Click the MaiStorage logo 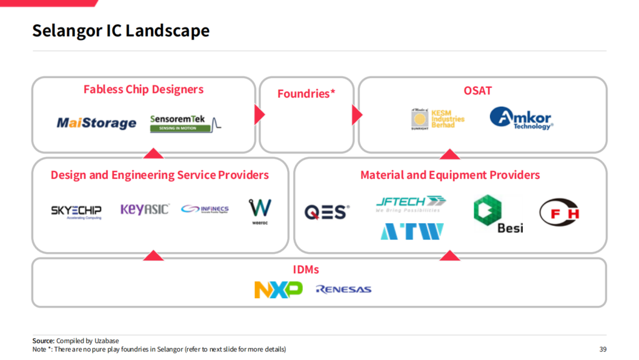(96, 123)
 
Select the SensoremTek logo (185, 123)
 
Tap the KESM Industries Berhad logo (437, 119)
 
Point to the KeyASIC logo (144, 209)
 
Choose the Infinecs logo (205, 209)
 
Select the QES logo (326, 212)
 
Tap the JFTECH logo (411, 202)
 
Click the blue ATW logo (412, 231)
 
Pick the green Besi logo (491, 214)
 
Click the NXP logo (278, 289)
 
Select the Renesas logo (343, 289)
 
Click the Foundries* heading (306, 94)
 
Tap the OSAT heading (477, 90)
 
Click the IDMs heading (306, 270)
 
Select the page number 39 (602, 349)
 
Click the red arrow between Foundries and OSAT (357, 115)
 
